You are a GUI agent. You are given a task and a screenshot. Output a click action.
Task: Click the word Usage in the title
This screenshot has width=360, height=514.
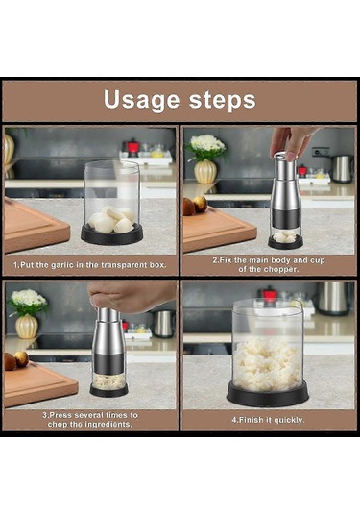[141, 100]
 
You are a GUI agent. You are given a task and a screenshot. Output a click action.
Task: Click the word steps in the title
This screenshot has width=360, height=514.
[223, 100]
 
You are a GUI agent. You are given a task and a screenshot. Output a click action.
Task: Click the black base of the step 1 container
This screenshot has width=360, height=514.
[112, 235]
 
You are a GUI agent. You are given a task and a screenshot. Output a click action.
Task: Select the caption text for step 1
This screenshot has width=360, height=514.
[89, 265]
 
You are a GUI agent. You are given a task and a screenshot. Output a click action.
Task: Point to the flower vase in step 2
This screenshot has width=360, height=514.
[205, 171]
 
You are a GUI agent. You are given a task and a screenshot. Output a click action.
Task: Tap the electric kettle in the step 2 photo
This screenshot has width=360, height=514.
[343, 168]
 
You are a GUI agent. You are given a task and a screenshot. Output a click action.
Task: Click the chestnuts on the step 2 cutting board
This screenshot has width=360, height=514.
[195, 206]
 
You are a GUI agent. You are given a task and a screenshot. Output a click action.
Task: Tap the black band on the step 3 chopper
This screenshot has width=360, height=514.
[108, 363]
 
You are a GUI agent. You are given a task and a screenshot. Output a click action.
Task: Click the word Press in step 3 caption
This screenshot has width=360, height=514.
[60, 415]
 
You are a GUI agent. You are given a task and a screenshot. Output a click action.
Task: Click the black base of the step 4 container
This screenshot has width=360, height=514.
[268, 394]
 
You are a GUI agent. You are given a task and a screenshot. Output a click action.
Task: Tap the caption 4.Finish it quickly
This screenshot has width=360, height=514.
[268, 420]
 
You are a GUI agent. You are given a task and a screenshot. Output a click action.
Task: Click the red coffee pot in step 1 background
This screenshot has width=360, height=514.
[132, 148]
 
